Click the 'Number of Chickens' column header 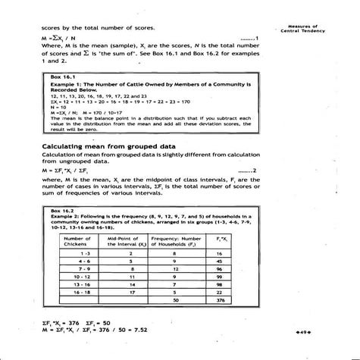74,240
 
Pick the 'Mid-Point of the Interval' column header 130,240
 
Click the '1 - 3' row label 74,253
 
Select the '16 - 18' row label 74,292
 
